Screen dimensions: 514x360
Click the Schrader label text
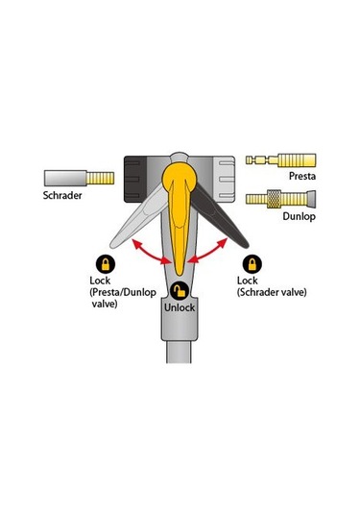[64, 199]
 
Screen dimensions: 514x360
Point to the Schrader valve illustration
[80, 179]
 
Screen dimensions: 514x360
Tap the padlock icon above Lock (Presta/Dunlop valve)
[106, 262]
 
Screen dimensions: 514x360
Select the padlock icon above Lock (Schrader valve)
[252, 262]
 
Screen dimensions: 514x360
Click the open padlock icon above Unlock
[179, 290]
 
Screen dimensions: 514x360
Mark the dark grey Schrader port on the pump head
[135, 177]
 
